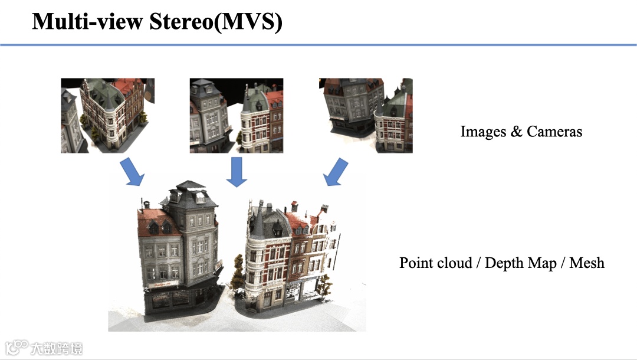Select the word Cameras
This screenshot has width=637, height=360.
[554, 131]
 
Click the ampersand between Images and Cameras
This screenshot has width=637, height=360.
[517, 131]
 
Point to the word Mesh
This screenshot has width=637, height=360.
[587, 263]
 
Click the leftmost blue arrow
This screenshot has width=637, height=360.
[133, 170]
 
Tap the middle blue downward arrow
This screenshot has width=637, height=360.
[237, 171]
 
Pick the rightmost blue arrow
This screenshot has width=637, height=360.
[337, 171]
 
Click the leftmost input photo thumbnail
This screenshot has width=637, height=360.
[107, 116]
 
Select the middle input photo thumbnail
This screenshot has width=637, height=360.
[236, 116]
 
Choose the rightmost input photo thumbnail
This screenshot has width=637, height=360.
[366, 116]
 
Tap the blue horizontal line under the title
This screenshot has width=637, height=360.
[318, 45]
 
